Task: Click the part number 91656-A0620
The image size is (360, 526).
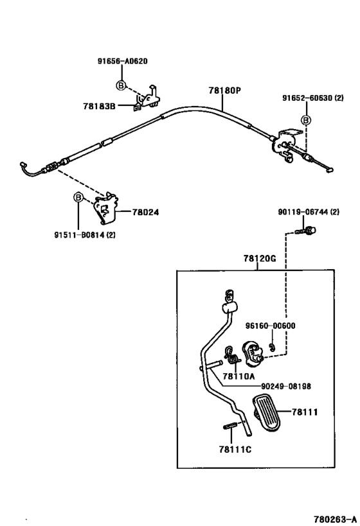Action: (x=123, y=62)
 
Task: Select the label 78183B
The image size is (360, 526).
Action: (x=100, y=107)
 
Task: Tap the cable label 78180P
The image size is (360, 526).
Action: (x=224, y=91)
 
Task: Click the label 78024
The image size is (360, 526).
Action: (x=145, y=212)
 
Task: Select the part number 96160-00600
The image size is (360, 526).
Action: (x=271, y=326)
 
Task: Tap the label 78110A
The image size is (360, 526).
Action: (x=239, y=376)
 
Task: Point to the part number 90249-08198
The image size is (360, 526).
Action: (x=286, y=387)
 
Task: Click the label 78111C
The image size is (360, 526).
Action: (x=235, y=449)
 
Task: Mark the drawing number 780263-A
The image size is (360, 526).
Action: (x=335, y=520)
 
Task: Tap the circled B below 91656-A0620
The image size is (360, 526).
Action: (x=122, y=85)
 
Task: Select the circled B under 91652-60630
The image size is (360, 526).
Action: (x=306, y=119)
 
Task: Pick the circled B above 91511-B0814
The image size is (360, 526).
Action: (x=78, y=197)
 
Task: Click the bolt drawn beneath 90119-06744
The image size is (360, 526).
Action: (x=305, y=231)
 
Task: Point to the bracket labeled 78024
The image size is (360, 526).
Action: (x=106, y=208)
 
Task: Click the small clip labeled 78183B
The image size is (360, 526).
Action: (x=147, y=98)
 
